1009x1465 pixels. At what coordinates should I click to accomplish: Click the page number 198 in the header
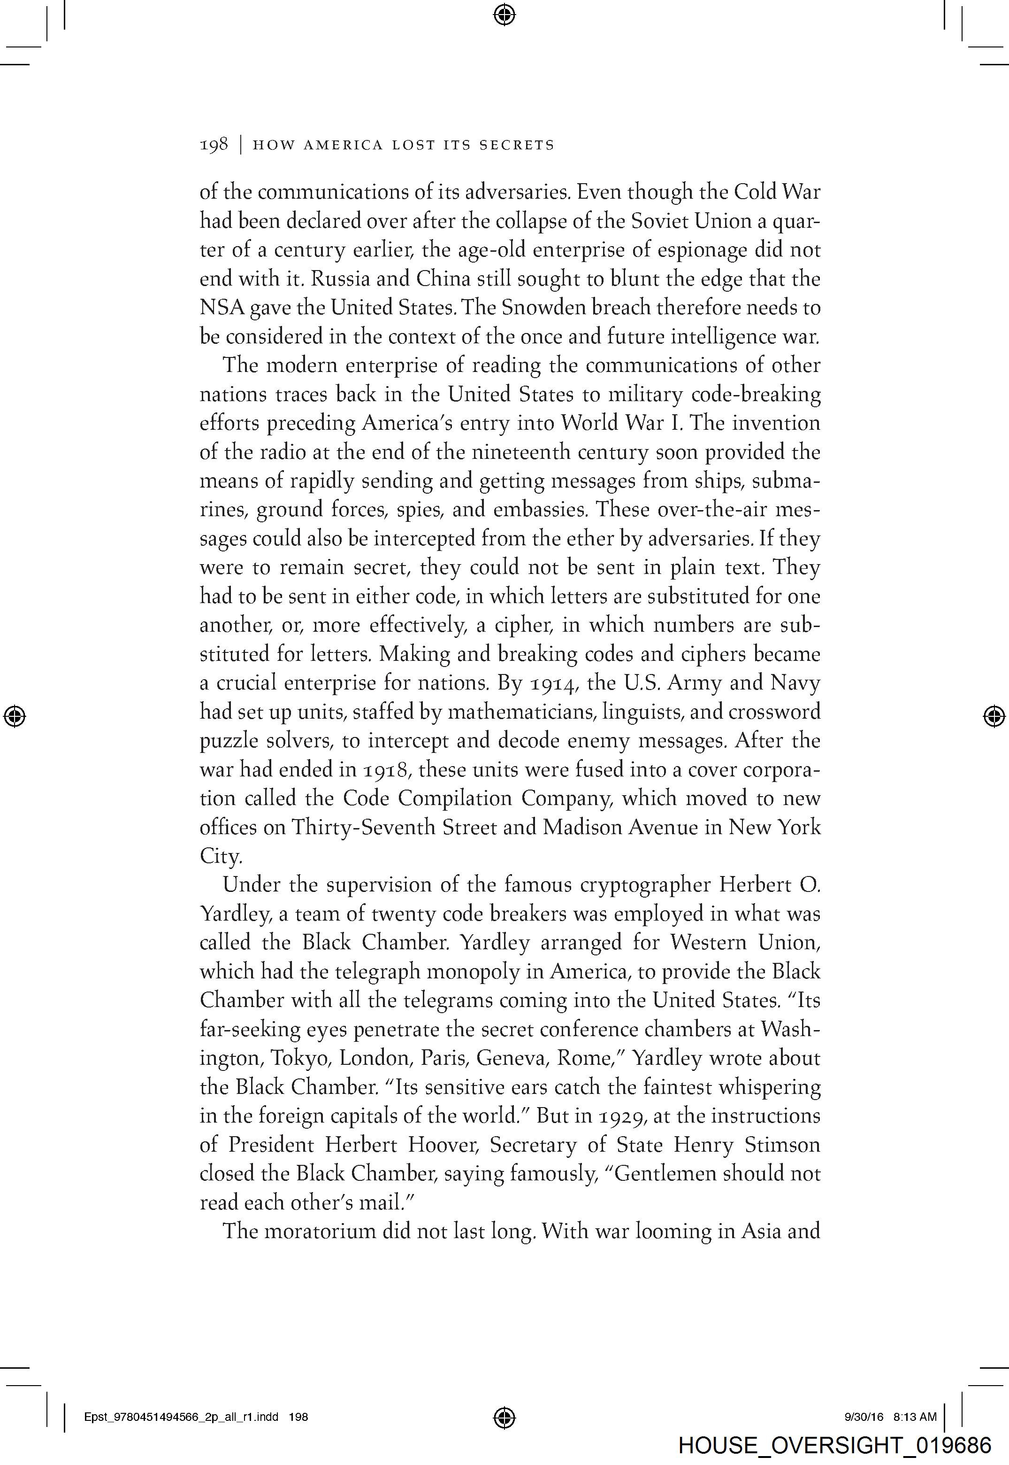coord(214,146)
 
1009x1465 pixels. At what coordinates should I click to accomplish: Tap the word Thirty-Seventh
coord(362,828)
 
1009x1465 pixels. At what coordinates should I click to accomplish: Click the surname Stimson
coord(782,1145)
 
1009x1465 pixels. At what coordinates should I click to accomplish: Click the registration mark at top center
coord(504,14)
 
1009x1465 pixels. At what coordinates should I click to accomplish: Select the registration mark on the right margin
coord(994,716)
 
